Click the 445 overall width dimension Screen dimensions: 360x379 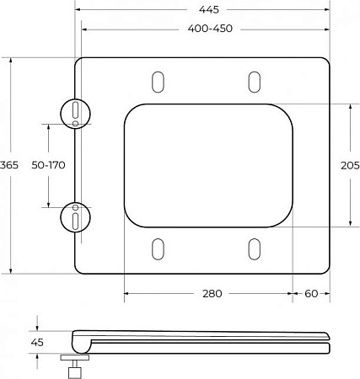click(209, 10)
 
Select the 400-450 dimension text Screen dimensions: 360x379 click(210, 29)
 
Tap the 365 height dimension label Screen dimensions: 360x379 click(9, 165)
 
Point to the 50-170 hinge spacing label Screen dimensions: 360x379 click(48, 165)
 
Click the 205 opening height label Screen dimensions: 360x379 click(350, 166)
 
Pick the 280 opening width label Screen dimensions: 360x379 click(212, 294)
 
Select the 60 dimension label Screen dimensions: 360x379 click(311, 294)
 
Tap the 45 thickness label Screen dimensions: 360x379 click(37, 343)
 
